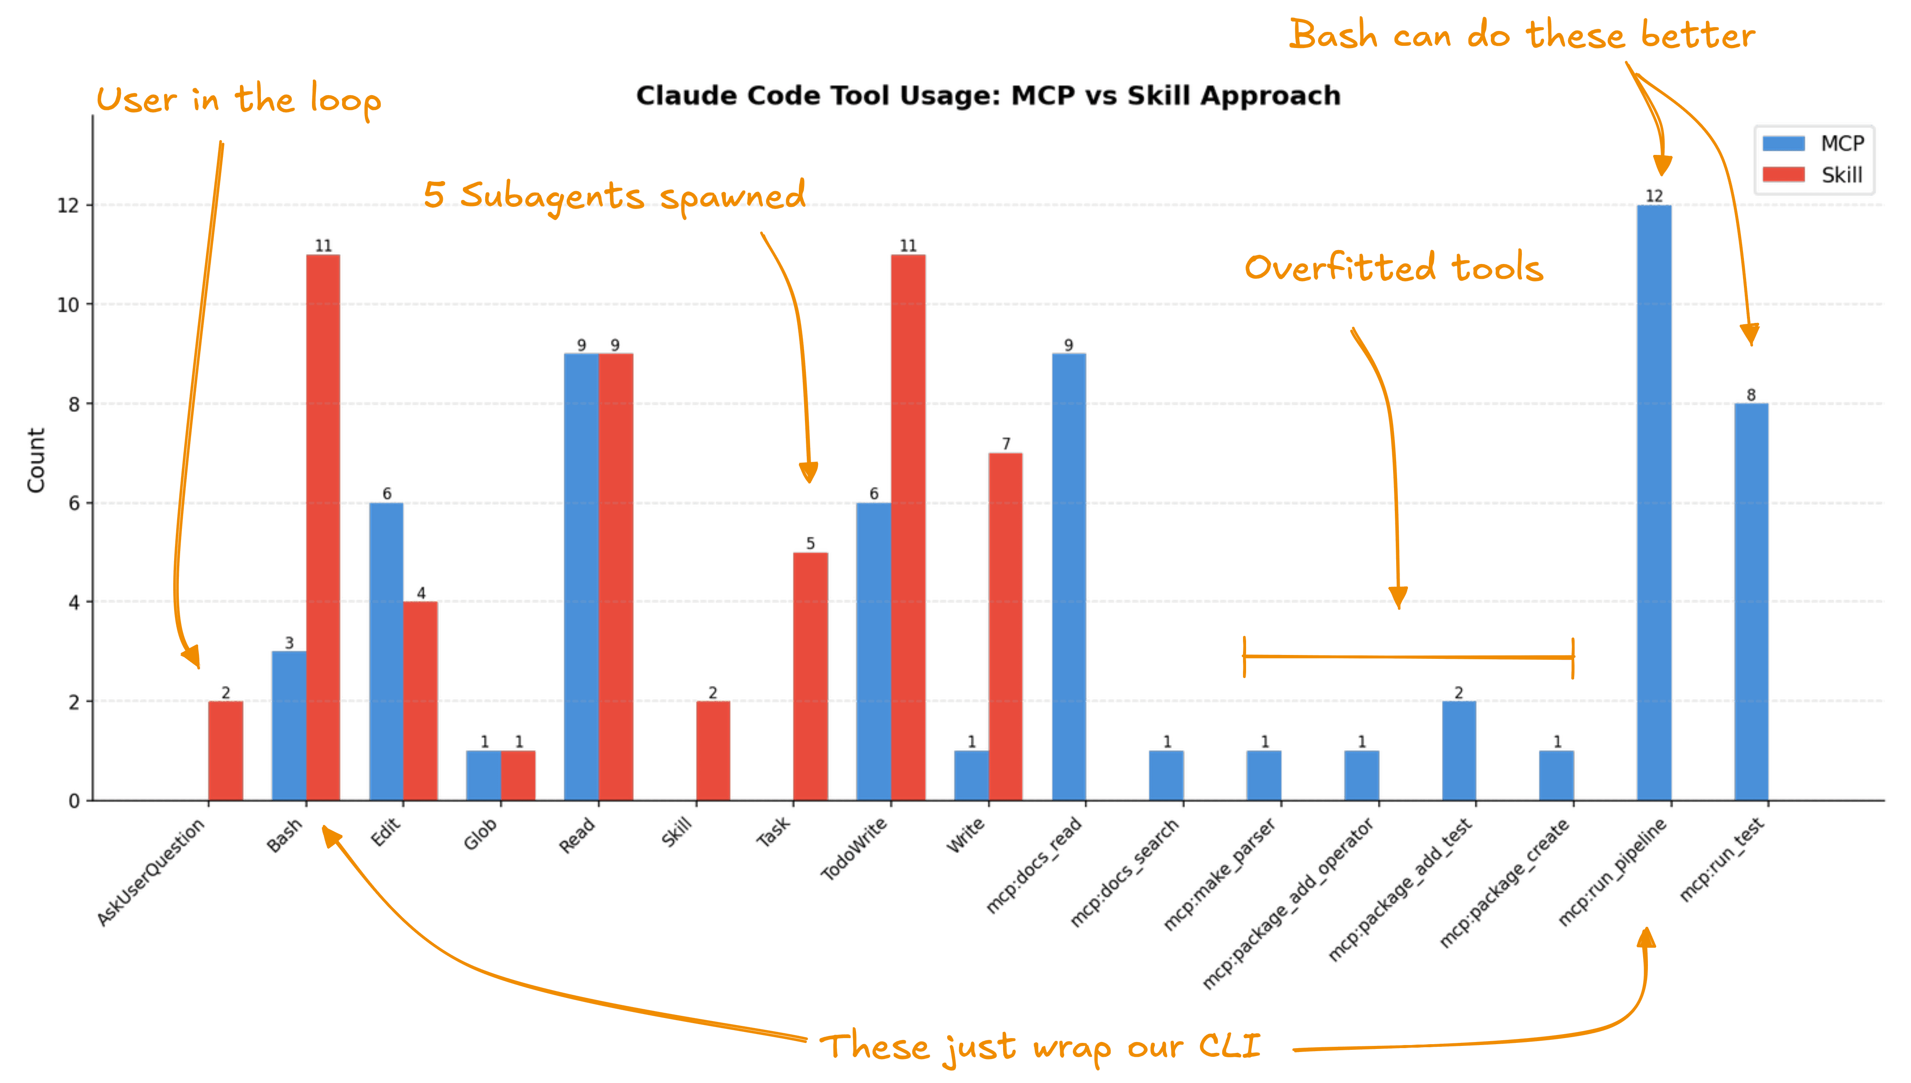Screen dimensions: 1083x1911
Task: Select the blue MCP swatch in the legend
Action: click(1783, 143)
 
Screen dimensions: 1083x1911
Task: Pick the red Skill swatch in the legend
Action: click(1783, 175)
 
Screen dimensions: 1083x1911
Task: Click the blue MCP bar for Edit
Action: click(386, 651)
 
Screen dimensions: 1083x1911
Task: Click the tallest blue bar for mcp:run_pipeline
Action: click(1654, 502)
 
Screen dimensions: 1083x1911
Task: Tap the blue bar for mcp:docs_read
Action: click(1069, 576)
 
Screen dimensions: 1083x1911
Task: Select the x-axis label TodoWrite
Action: click(855, 848)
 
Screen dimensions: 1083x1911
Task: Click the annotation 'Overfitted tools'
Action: click(1394, 268)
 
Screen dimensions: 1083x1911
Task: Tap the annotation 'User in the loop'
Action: click(238, 100)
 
